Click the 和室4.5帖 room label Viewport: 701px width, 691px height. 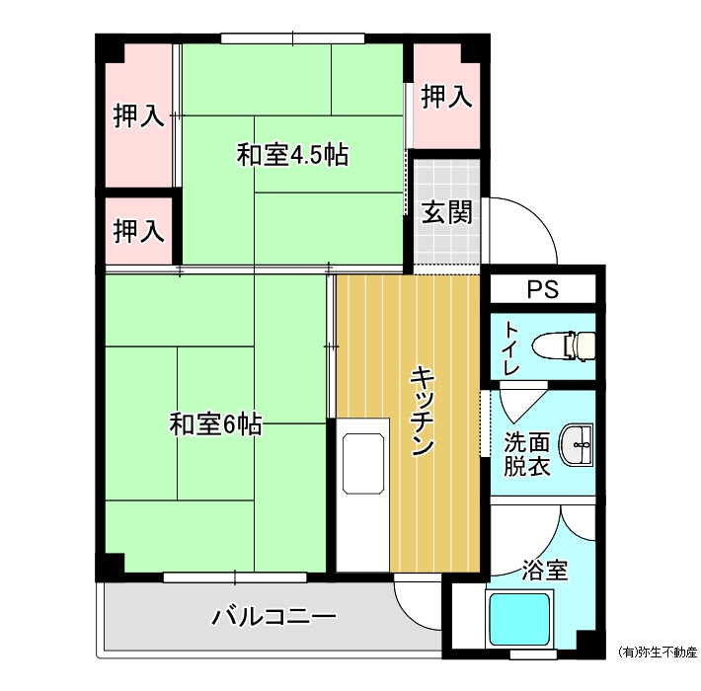pyautogui.click(x=292, y=155)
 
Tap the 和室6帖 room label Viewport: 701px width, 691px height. pyautogui.click(x=215, y=424)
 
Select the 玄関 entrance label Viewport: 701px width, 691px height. pyautogui.click(x=447, y=212)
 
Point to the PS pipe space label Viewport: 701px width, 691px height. pyautogui.click(x=543, y=289)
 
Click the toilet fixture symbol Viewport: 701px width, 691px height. pyautogui.click(x=564, y=345)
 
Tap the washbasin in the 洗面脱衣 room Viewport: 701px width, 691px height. pyautogui.click(x=578, y=445)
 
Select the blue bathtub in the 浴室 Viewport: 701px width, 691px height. pyautogui.click(x=519, y=619)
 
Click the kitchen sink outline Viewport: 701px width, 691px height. pyautogui.click(x=363, y=464)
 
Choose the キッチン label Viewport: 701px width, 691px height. pyautogui.click(x=422, y=411)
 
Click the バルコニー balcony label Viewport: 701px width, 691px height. pyautogui.click(x=273, y=617)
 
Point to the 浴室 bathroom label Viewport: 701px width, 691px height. pyautogui.click(x=545, y=570)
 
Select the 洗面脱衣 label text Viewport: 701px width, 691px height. pyautogui.click(x=526, y=454)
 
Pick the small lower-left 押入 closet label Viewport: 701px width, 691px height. pyautogui.click(x=138, y=231)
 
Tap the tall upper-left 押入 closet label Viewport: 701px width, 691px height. pyautogui.click(x=138, y=115)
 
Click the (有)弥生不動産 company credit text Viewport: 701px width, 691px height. pyautogui.click(x=658, y=653)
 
